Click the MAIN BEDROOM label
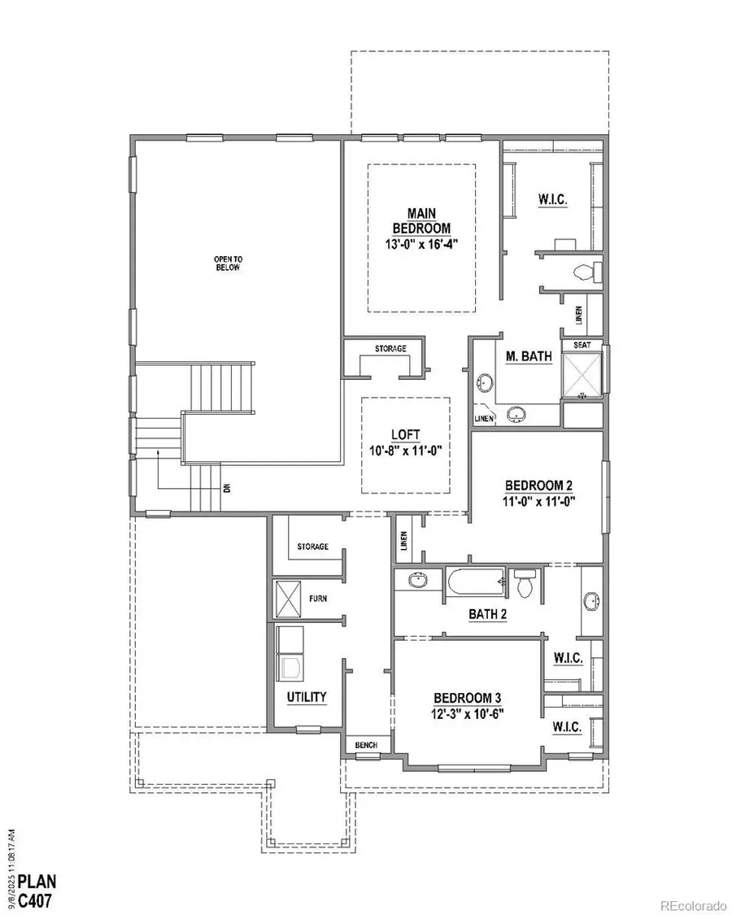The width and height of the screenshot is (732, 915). pos(421,220)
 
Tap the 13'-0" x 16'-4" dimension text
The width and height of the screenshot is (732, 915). pos(421,243)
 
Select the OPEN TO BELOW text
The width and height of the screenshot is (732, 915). pos(228,264)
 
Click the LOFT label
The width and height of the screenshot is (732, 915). pos(405,435)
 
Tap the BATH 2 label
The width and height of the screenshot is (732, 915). pos(488,615)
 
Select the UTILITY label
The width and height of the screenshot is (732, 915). pos(307,697)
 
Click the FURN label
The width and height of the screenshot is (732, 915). pos(318,599)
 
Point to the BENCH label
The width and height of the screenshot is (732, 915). pos(362,745)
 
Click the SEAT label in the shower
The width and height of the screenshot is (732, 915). pos(582,344)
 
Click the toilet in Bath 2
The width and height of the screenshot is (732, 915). pos(525,582)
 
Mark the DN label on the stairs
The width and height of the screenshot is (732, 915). pos(227,488)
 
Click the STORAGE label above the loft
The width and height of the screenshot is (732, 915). pos(390,349)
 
